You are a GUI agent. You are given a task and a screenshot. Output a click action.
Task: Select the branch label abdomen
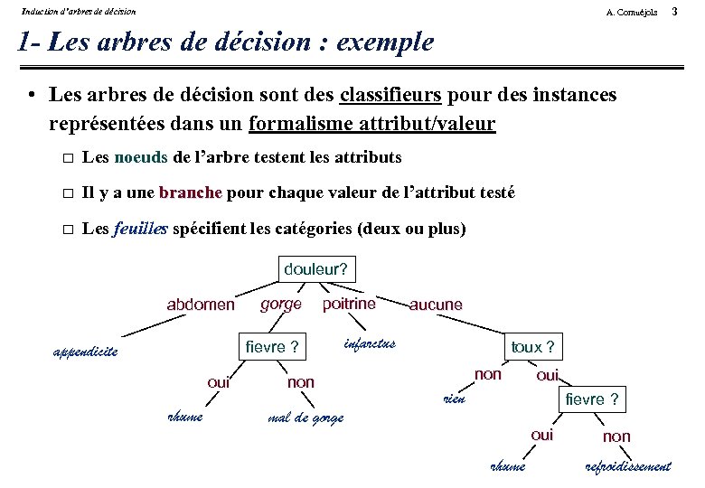pyautogui.click(x=200, y=305)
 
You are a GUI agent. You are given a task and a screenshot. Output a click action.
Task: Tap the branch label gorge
pyautogui.click(x=280, y=304)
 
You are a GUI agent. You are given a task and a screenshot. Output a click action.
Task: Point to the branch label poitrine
pyautogui.click(x=349, y=304)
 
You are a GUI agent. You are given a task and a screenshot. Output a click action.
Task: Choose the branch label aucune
pyautogui.click(x=435, y=305)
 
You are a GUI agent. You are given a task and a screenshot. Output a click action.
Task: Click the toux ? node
pyautogui.click(x=532, y=347)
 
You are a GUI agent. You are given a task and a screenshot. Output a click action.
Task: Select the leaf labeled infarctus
pyautogui.click(x=370, y=343)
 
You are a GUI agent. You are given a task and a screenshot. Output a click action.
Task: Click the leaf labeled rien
pyautogui.click(x=453, y=399)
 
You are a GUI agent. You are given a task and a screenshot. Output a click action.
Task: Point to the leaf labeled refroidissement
pyautogui.click(x=628, y=466)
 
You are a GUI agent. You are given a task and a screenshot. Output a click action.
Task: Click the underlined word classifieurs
pyautogui.click(x=390, y=94)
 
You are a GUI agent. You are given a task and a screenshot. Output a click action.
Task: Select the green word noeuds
pyautogui.click(x=141, y=157)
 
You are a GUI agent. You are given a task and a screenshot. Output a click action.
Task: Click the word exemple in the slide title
pyautogui.click(x=384, y=42)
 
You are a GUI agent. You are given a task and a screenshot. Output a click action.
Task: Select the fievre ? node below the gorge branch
pyautogui.click(x=272, y=347)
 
